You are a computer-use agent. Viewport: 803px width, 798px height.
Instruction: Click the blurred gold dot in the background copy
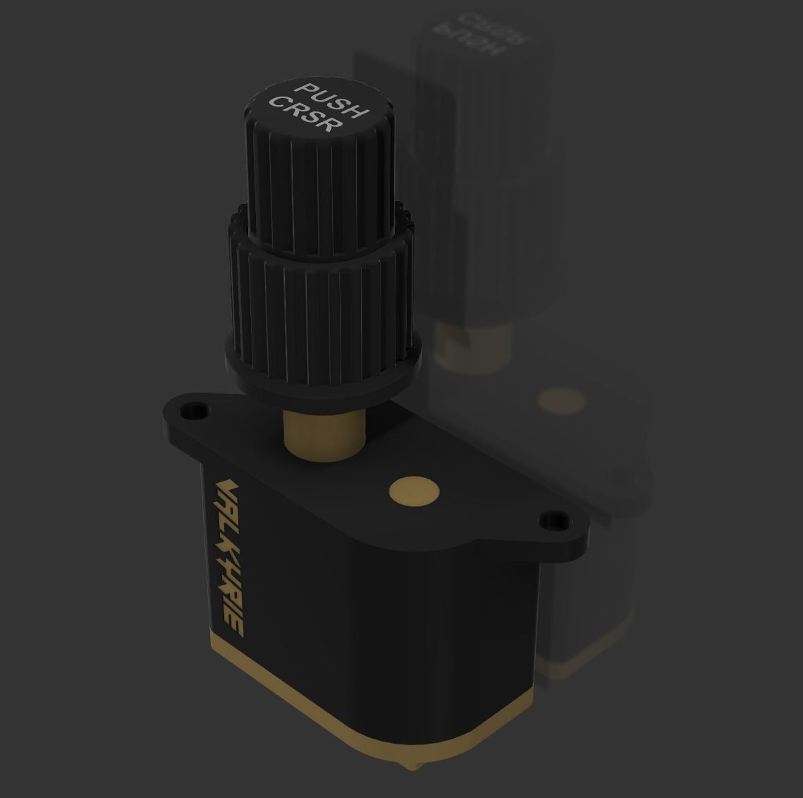[x=561, y=400]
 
